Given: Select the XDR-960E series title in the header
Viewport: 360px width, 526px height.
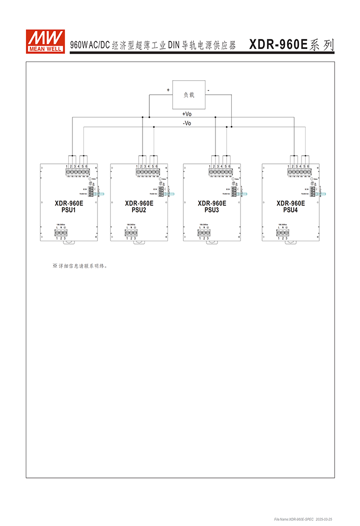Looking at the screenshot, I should click(x=291, y=45).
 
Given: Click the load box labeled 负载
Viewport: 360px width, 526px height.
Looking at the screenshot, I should click(x=189, y=95).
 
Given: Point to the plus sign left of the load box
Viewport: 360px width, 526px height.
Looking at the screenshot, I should click(x=168, y=90).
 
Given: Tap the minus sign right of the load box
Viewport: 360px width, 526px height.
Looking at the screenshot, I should click(x=208, y=90).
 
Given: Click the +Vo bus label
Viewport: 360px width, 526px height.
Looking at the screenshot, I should click(x=187, y=114).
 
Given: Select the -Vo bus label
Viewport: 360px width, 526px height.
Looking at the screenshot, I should click(x=187, y=123).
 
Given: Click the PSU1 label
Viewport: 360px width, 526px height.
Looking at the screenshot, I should click(x=69, y=210).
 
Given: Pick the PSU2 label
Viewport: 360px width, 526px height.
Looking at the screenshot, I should click(x=139, y=210).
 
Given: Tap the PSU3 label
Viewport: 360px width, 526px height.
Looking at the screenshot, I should click(x=212, y=210).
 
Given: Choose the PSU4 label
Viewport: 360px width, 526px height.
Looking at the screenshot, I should click(x=291, y=210).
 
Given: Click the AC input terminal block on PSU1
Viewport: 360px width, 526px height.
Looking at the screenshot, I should click(x=61, y=232).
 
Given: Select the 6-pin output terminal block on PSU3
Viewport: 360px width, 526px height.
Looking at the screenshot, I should click(x=221, y=171).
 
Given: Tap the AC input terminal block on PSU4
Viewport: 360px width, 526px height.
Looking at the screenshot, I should click(x=282, y=232).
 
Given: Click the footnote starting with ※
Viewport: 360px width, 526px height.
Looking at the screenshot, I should click(x=80, y=265).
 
